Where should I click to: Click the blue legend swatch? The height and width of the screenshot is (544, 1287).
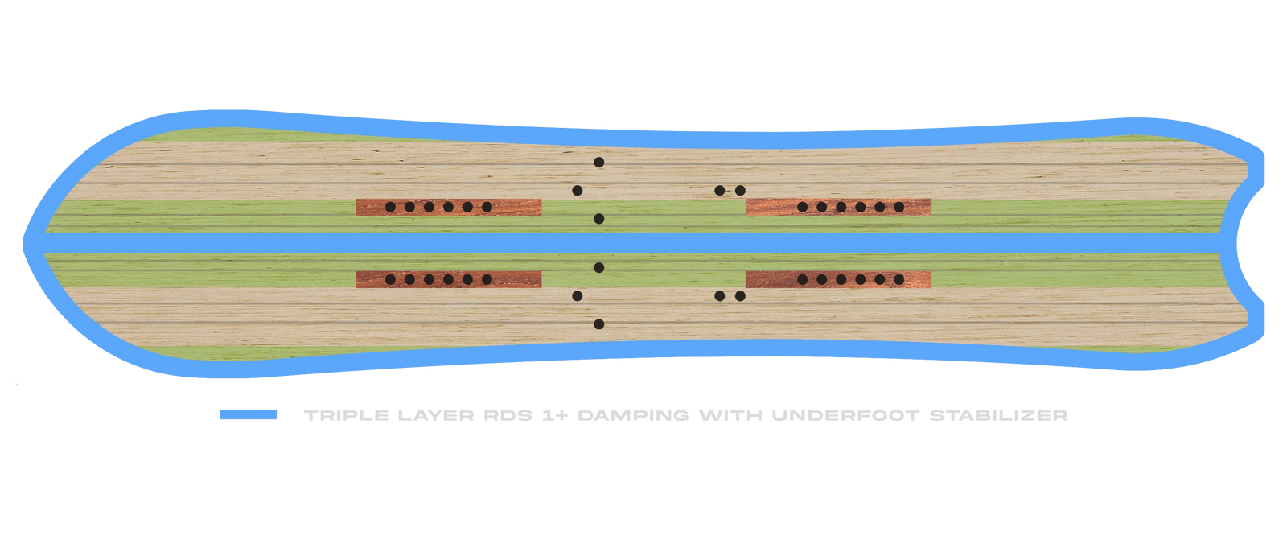(249, 414)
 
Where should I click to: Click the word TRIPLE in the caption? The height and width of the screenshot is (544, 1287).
(346, 415)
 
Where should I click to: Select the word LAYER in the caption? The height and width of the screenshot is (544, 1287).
(435, 415)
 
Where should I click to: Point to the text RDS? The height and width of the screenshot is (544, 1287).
(508, 415)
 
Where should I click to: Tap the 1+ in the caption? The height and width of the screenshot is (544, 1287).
(554, 415)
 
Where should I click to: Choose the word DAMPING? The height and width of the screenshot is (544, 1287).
(632, 415)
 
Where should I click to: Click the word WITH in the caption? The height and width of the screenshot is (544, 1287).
(730, 415)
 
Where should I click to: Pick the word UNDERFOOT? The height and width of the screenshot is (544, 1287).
(845, 415)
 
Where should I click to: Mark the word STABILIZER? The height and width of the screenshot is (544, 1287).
(998, 415)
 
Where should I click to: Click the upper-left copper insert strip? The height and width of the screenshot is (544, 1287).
(449, 207)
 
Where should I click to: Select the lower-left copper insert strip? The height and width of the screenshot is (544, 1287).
(449, 279)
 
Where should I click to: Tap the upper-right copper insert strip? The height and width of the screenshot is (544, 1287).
(838, 207)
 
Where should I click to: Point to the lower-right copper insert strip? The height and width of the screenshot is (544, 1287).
(838, 279)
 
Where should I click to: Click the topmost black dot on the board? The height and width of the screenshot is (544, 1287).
(598, 163)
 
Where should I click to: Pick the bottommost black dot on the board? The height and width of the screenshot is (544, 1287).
(598, 324)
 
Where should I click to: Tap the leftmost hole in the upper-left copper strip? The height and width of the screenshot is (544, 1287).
(390, 207)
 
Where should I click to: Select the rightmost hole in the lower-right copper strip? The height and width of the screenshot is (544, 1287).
(899, 279)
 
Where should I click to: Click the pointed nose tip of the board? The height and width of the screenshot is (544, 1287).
(24, 244)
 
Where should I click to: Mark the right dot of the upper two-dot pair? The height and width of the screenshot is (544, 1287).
(740, 191)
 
